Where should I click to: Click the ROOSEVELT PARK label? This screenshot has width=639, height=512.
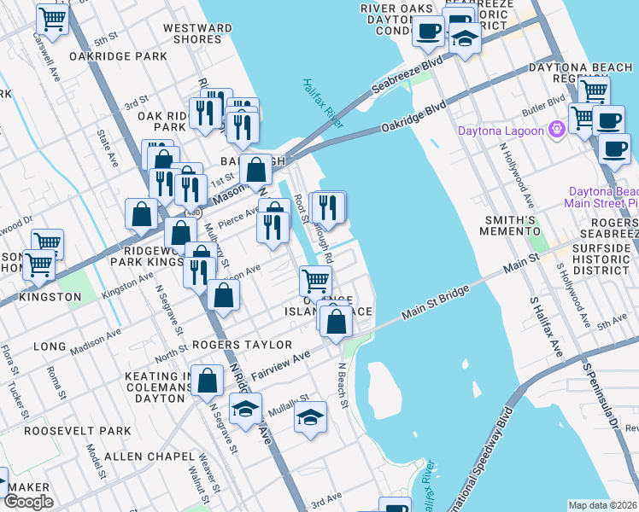[78, 431]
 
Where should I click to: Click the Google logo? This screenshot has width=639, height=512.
[29, 502]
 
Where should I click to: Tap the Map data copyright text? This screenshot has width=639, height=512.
[602, 505]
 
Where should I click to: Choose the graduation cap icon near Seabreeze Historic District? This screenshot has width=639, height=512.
[465, 39]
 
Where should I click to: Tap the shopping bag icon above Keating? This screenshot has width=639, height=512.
[208, 381]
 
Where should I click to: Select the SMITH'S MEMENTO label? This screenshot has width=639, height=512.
[511, 224]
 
